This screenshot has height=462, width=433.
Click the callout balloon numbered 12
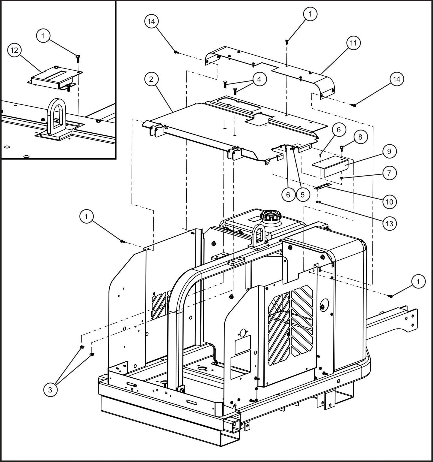14,50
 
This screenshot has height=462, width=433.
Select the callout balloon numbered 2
151,79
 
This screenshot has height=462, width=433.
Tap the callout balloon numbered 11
353,43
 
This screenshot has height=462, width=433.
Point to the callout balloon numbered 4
259,79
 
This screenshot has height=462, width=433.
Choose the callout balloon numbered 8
360,137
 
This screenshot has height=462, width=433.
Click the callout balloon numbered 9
389,152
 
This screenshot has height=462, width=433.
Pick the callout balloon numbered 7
389,173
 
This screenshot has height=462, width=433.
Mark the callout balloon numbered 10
389,201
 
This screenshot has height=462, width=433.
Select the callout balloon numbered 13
389,223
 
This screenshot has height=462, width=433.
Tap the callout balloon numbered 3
50,390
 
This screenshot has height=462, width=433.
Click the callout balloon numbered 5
302,195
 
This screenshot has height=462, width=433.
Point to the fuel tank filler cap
269,216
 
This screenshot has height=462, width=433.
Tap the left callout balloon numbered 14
151,21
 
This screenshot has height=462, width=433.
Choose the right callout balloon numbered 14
396,79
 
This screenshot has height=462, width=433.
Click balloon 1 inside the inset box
43,36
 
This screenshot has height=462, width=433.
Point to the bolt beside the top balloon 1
287,41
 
